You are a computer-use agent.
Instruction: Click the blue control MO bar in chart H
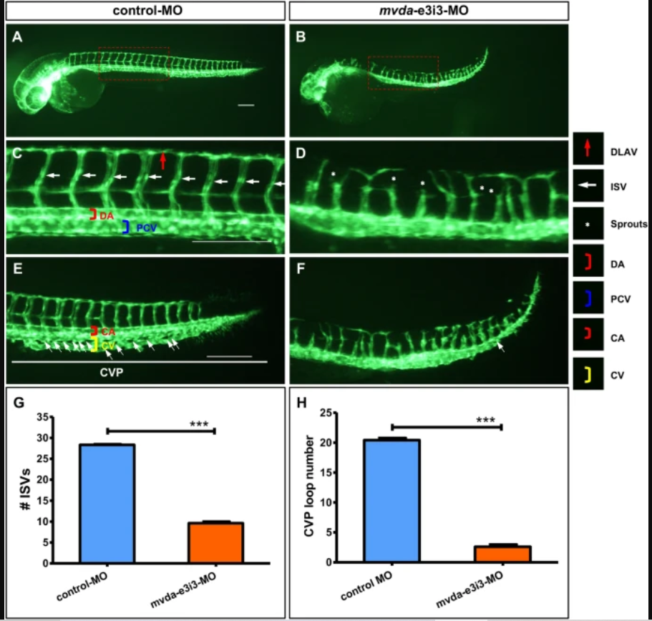click(391, 500)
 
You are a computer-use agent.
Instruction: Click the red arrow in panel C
click(163, 161)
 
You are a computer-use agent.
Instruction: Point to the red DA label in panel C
click(106, 215)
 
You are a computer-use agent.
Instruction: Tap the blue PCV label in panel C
click(146, 227)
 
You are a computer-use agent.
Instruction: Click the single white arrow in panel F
click(500, 347)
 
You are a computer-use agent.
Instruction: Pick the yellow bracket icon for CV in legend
click(588, 374)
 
